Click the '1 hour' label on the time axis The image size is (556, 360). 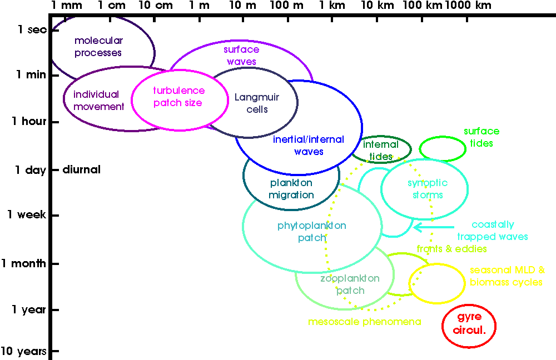tap(29, 122)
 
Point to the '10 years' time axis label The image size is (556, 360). tap(23, 351)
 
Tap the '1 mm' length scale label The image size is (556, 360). tap(67, 6)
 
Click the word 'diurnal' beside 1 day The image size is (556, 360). tap(82, 169)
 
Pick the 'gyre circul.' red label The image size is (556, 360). tap(469, 323)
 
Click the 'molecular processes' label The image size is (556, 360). tap(98, 47)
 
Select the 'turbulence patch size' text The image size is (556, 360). tap(178, 97)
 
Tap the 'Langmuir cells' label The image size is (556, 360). tap(257, 103)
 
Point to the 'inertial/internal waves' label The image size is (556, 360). tap(309, 146)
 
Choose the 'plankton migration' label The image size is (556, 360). tap(291, 189)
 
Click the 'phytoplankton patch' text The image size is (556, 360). tap(311, 232)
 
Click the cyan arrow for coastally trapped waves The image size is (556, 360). tap(434, 227)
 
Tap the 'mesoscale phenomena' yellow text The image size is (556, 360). tap(364, 322)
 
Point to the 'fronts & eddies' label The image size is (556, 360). tap(451, 249)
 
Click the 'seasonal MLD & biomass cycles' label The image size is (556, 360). tap(507, 276)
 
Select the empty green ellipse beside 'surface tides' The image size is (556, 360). tap(443, 148)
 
